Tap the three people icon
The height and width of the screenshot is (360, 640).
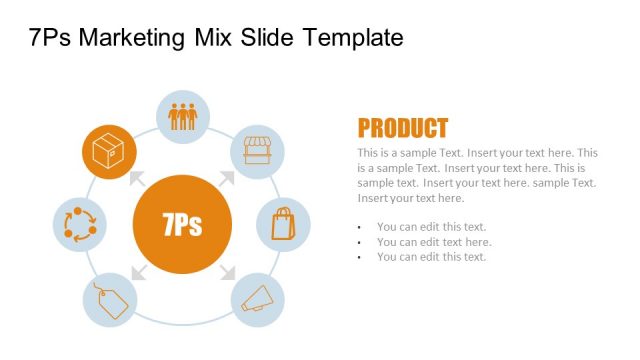tap(183, 117)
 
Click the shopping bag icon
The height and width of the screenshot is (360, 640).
tap(284, 223)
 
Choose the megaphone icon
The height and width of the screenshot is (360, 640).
tap(257, 298)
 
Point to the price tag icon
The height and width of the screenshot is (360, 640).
tap(108, 300)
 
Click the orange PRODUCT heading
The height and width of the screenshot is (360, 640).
tap(402, 128)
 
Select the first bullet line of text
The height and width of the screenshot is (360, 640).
tap(431, 227)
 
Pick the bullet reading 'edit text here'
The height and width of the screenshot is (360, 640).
tap(434, 242)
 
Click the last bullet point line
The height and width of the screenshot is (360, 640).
tap(431, 257)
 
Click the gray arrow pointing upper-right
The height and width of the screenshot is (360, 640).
tap(227, 178)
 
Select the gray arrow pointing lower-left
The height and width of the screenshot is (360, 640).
tap(137, 271)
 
